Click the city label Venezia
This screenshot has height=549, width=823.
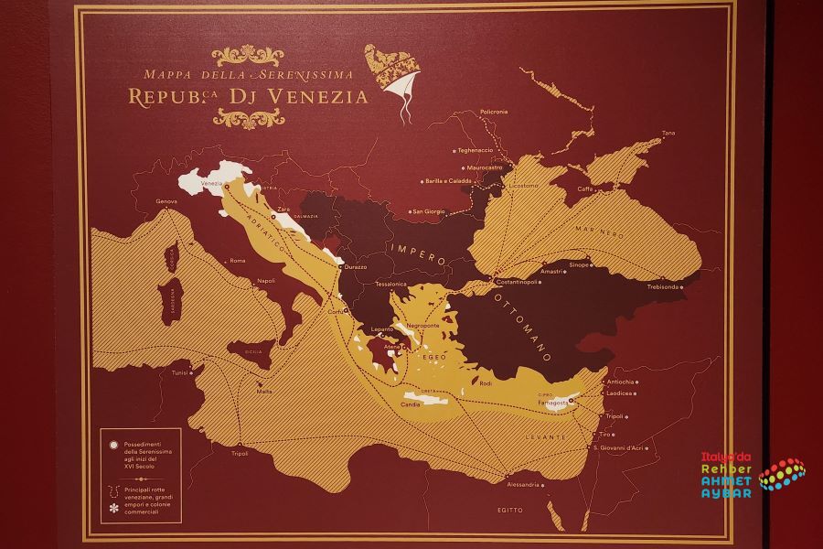point(212,184)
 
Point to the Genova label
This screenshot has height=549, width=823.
point(166,201)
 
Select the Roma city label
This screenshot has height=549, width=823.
point(238,261)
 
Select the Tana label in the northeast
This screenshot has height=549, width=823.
point(668,134)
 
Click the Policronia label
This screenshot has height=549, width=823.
point(492,112)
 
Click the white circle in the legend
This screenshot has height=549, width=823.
point(113,445)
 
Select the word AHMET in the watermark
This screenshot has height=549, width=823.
point(726,481)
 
